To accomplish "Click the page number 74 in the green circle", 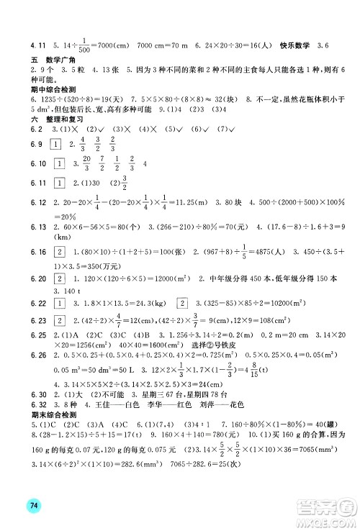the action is (x=34, y=505).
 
